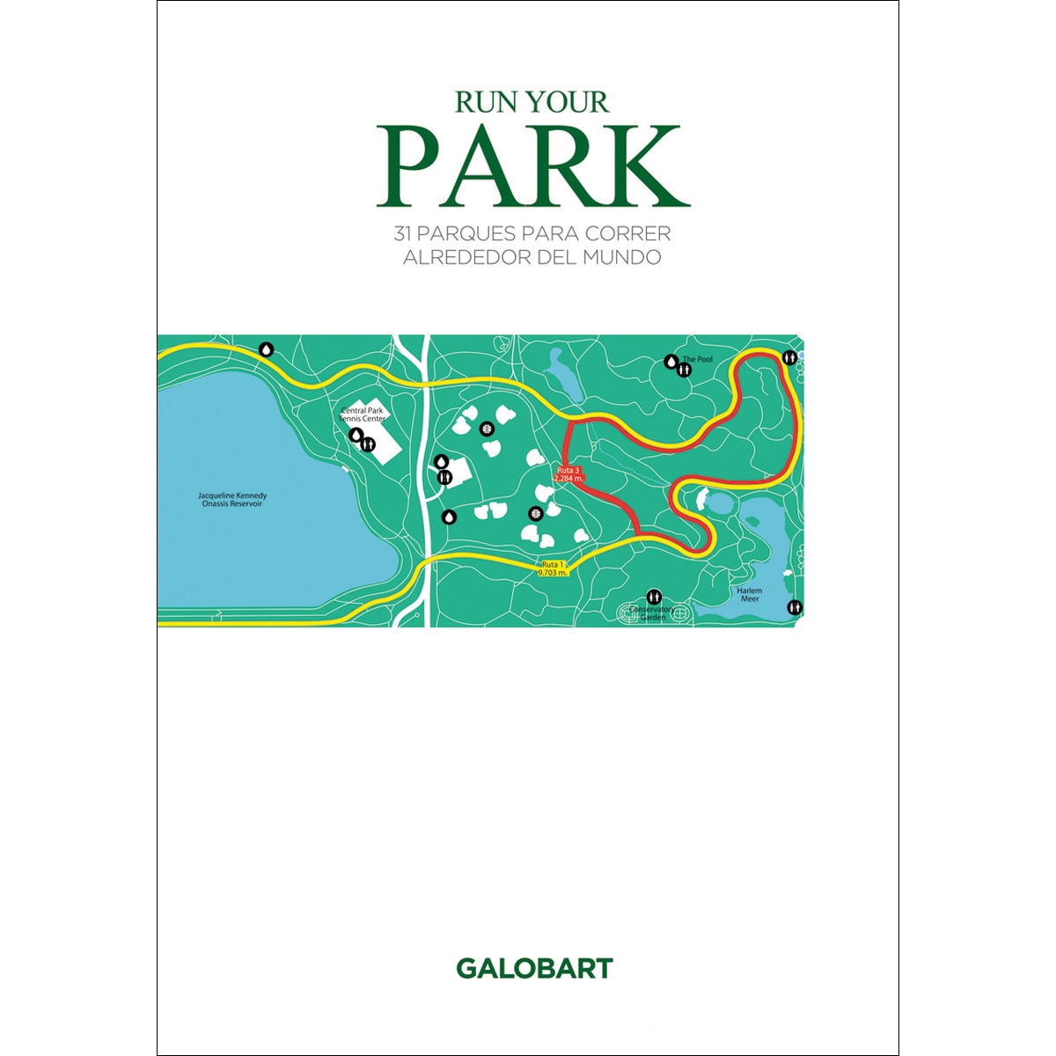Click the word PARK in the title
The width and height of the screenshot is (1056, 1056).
pos(532,168)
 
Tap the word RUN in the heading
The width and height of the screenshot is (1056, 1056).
pos(482,102)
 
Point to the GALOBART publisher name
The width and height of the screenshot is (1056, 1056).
pos(533,969)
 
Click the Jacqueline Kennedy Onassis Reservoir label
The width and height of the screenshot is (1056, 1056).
pos(232,500)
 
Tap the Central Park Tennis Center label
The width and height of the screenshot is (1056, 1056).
pos(363,414)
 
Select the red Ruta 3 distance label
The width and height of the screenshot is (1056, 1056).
pos(568,474)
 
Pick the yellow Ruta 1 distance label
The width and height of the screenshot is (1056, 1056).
pos(553,568)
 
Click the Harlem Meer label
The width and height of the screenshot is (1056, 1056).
pos(750,594)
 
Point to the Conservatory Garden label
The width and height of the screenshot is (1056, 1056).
pos(652,612)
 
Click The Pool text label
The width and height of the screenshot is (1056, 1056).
pos(698,359)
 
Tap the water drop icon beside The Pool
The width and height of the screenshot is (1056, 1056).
pos(671,361)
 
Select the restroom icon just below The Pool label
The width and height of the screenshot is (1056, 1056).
pos(685,370)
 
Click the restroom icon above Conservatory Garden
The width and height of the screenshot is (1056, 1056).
pos(654,597)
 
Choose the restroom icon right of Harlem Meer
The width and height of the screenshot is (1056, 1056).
pos(795,607)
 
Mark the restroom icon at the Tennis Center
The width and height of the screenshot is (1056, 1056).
pos(368,444)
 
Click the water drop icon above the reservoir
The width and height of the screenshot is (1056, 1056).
pos(267,349)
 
